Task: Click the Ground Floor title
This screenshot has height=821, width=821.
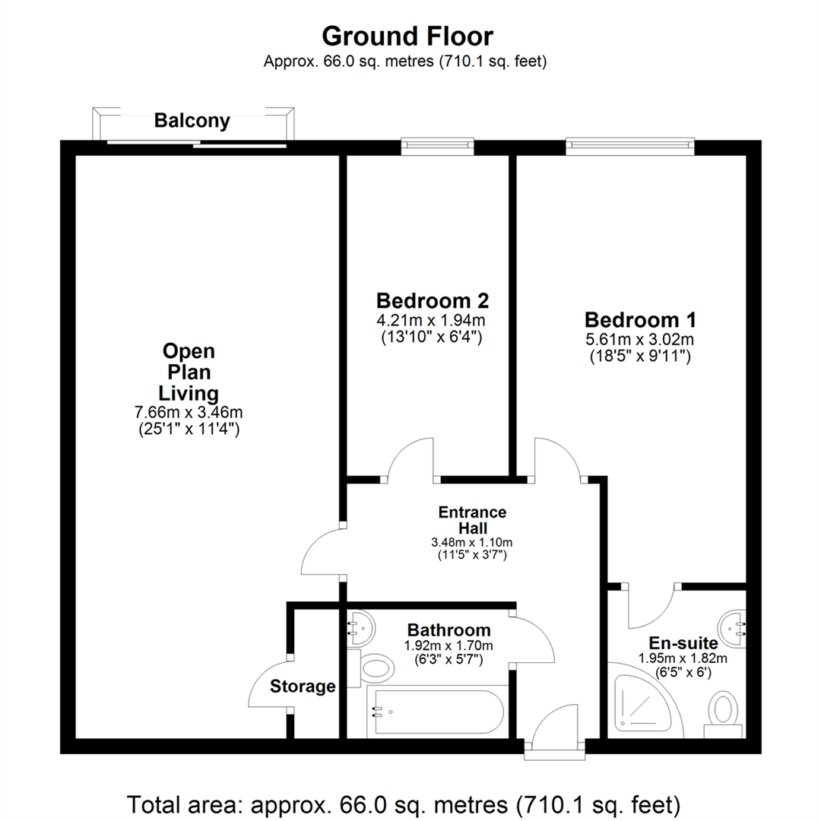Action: (x=407, y=36)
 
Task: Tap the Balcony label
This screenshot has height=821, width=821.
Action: (x=192, y=121)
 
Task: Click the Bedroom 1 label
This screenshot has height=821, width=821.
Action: (x=639, y=319)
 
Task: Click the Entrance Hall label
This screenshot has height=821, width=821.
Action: (x=472, y=520)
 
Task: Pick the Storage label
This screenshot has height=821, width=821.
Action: (x=303, y=686)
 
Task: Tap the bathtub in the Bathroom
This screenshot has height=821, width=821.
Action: (x=434, y=712)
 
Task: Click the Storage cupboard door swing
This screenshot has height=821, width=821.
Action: (x=268, y=683)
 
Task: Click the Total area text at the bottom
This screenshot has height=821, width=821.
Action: (x=403, y=803)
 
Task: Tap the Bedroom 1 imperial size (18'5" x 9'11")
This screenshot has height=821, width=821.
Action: (x=639, y=354)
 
